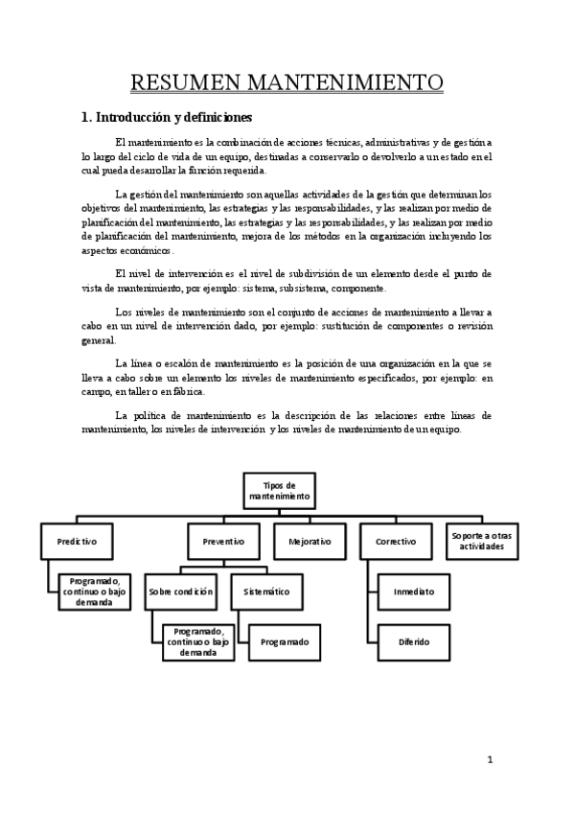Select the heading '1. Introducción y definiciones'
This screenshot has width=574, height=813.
coord(165,118)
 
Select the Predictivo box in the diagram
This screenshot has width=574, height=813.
coord(77,541)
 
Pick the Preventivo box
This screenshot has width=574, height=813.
coord(223,541)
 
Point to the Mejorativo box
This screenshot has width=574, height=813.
coord(310,541)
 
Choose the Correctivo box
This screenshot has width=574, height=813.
coord(396,541)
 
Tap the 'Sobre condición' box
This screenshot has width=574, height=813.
coord(180,592)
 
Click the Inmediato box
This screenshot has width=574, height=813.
coord(414,592)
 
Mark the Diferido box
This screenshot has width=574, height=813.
coord(414,640)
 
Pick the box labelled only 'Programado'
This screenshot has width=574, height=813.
coord(285,640)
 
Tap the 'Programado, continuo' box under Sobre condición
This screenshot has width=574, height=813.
coord(199,640)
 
